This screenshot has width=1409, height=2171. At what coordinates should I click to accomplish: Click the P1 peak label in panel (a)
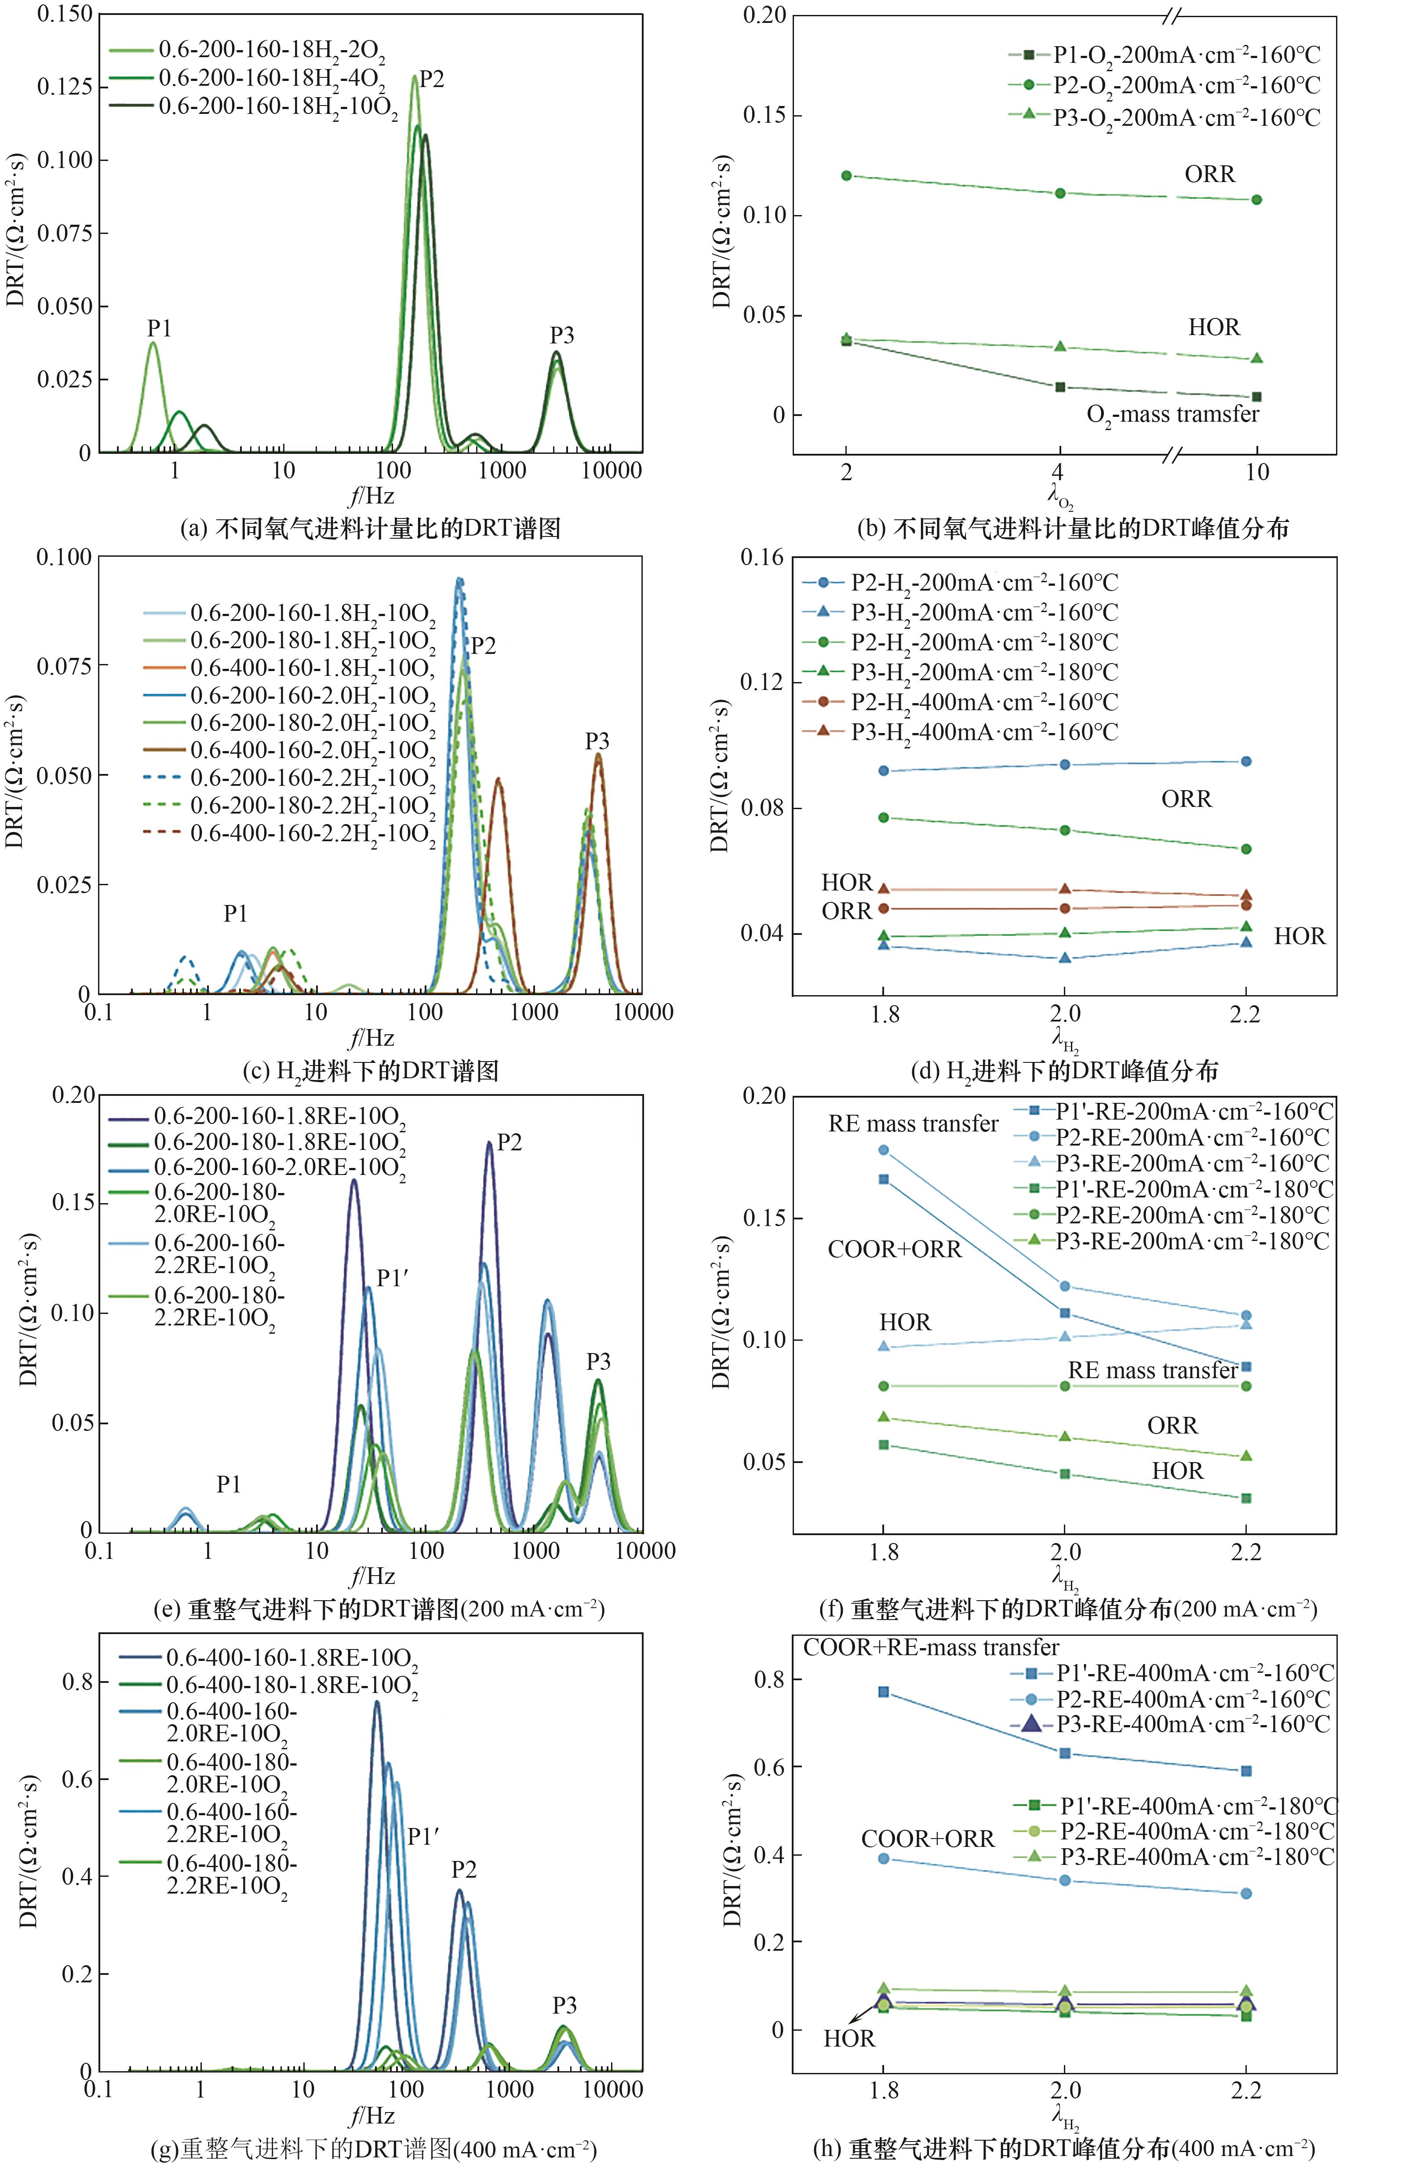click(x=160, y=328)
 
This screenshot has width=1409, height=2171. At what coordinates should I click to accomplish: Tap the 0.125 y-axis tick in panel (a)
click(x=64, y=87)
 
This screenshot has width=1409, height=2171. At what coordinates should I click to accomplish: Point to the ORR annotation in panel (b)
click(x=1209, y=173)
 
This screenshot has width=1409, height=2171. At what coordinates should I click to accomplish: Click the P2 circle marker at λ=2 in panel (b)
click(x=846, y=175)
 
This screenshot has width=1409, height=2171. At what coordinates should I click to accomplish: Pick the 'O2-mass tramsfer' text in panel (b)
click(x=1172, y=415)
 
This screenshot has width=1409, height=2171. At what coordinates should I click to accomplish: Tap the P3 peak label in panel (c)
click(x=597, y=741)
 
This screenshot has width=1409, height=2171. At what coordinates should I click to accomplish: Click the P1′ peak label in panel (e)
click(x=392, y=1279)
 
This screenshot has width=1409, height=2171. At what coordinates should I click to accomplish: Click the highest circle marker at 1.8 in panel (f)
click(x=883, y=1150)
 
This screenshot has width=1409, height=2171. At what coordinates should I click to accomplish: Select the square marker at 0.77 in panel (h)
click(x=883, y=1692)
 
